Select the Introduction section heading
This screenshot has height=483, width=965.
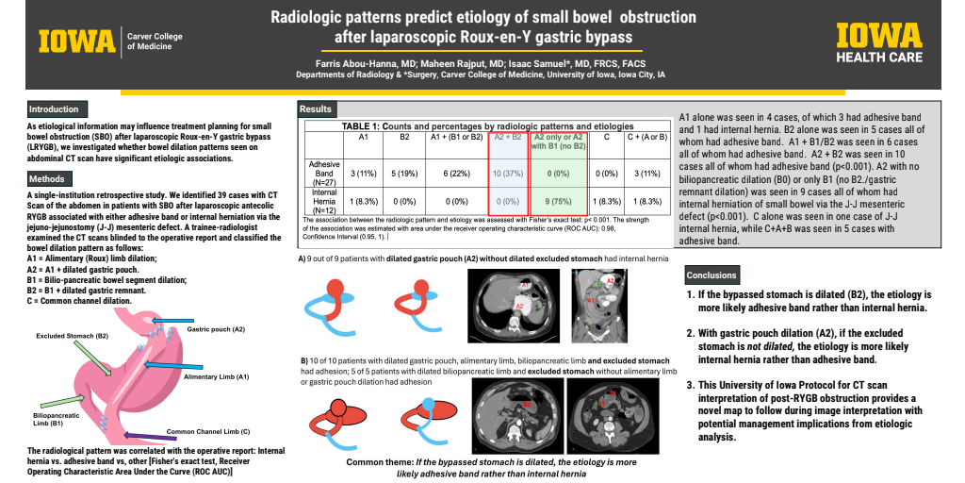click(x=54, y=109)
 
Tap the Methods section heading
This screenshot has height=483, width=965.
click(x=46, y=178)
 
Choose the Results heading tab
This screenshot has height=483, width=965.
click(x=316, y=109)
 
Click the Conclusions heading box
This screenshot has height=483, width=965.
click(x=712, y=275)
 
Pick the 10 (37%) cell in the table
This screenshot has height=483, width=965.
click(x=505, y=174)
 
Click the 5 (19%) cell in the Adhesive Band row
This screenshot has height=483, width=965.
click(x=404, y=174)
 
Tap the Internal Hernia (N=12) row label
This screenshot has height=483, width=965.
click(x=324, y=201)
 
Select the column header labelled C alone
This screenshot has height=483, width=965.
click(x=607, y=138)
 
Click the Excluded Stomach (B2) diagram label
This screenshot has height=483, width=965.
click(x=73, y=336)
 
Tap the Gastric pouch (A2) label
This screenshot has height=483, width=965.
click(x=216, y=329)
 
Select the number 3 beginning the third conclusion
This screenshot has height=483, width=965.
click(x=691, y=384)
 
